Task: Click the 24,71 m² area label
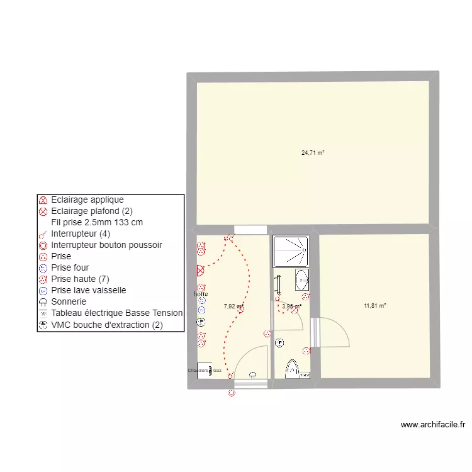pyautogui.click(x=313, y=153)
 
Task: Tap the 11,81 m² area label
pyautogui.click(x=375, y=306)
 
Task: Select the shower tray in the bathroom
pyautogui.click(x=291, y=251)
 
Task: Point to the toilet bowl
pyautogui.click(x=291, y=369)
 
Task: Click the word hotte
pyautogui.click(x=201, y=293)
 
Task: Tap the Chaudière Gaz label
pyautogui.click(x=205, y=371)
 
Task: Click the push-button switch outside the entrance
pyautogui.click(x=232, y=393)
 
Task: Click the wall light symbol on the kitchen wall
pyautogui.click(x=200, y=271)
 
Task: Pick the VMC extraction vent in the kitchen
pyautogui.click(x=201, y=322)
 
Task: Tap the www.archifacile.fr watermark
pyautogui.click(x=432, y=425)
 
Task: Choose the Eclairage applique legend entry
pyautogui.click(x=87, y=199)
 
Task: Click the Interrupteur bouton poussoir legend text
pyautogui.click(x=106, y=245)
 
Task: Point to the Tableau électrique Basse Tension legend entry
pyautogui.click(x=116, y=313)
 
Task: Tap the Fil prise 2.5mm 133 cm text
pyautogui.click(x=97, y=222)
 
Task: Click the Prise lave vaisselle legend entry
pyautogui.click(x=88, y=290)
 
